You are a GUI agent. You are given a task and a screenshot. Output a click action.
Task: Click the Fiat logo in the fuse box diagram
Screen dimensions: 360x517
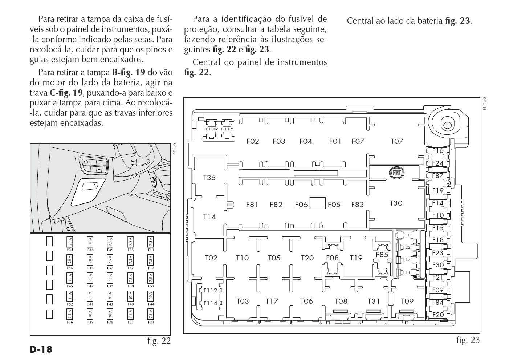(396, 173)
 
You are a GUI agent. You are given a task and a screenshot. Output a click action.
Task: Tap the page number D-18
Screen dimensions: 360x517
(41, 350)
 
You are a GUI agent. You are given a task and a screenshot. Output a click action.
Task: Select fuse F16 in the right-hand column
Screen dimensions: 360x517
(437, 151)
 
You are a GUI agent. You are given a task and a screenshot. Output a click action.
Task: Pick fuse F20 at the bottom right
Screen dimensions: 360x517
(437, 315)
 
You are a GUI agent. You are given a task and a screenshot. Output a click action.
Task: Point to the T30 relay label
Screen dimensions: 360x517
(396, 203)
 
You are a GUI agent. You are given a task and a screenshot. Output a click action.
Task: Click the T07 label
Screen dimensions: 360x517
(397, 141)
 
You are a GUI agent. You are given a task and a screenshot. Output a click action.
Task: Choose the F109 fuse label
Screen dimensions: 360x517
(211, 129)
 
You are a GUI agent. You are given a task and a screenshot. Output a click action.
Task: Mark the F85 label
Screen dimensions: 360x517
(382, 255)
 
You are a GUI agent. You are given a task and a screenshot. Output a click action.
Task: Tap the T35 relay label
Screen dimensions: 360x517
(209, 178)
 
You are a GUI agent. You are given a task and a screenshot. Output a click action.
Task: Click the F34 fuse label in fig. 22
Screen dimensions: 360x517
(70, 250)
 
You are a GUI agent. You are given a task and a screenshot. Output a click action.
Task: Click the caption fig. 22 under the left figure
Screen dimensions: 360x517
(159, 341)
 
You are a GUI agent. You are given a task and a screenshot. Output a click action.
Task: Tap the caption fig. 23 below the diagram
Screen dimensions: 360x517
(468, 340)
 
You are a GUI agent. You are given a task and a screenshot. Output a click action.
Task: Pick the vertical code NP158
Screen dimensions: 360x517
(484, 104)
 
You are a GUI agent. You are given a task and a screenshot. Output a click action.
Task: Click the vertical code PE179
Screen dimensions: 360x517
(175, 149)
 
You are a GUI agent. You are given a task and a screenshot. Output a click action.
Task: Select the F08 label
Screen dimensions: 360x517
(332, 258)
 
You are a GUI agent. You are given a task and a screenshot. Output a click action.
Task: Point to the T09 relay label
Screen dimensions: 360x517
(407, 301)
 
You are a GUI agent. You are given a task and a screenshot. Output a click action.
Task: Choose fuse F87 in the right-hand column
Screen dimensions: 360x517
(437, 175)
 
